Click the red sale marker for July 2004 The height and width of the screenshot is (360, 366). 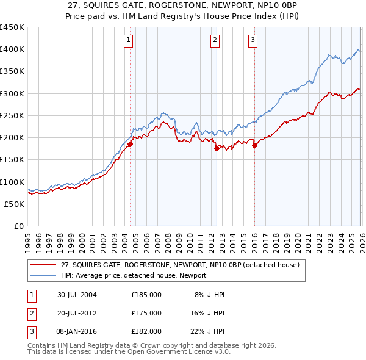click(x=130, y=144)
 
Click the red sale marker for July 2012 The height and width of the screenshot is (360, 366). click(x=216, y=148)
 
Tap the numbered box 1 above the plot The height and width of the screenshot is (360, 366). click(x=129, y=41)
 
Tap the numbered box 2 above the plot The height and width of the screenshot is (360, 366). click(x=215, y=41)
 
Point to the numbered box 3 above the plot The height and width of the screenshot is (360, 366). click(x=253, y=41)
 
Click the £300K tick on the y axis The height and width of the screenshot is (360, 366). click(x=12, y=93)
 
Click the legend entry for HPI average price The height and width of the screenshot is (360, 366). click(x=134, y=275)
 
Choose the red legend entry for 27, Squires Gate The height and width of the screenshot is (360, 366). click(x=180, y=265)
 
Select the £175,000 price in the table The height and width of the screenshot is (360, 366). click(x=146, y=313)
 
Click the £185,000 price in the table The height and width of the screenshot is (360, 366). click(x=146, y=295)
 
